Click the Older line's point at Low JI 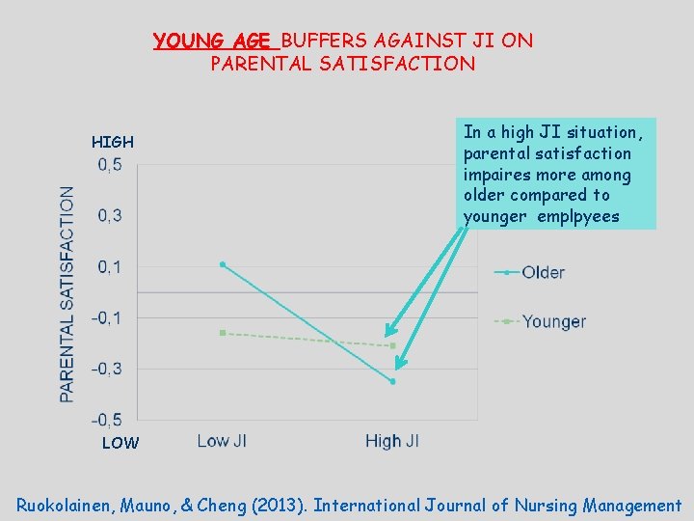(x=223, y=263)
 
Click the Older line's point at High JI (x=392, y=381)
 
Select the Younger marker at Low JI (x=223, y=333)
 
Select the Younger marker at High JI (x=392, y=345)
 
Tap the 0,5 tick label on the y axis (x=109, y=165)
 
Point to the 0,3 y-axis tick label (x=109, y=215)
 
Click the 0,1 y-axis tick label (x=109, y=266)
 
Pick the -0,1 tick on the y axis (x=107, y=317)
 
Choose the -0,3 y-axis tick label (x=107, y=369)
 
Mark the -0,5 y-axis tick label (x=107, y=420)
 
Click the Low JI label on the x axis (x=222, y=441)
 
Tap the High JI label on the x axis (x=391, y=441)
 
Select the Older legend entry (x=543, y=272)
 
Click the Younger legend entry (x=553, y=321)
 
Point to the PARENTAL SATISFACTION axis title (x=67, y=293)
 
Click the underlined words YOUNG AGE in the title (x=215, y=41)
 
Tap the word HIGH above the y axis (x=113, y=143)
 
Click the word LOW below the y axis (x=120, y=444)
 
